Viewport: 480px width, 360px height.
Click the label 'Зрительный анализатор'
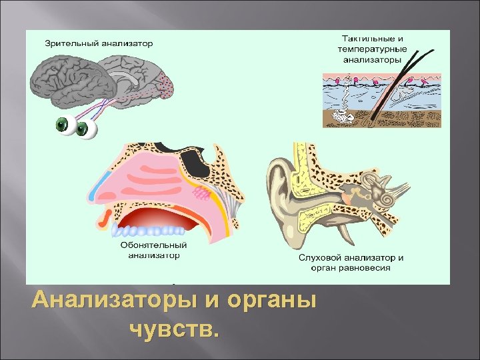[x=99, y=43]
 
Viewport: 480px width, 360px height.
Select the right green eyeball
[x=85, y=129]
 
